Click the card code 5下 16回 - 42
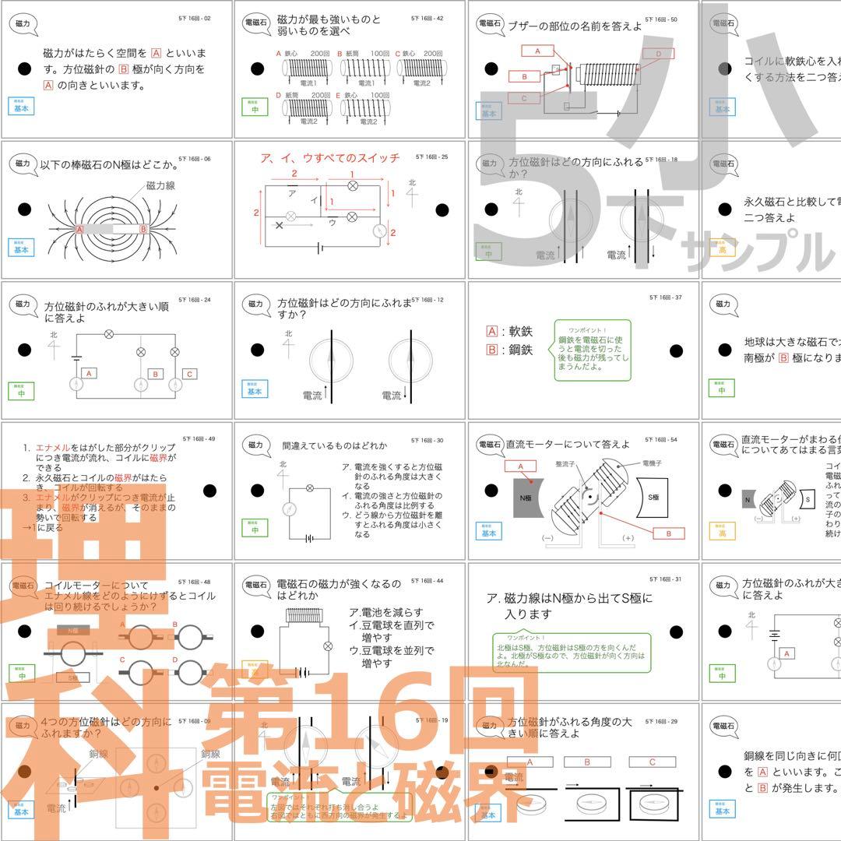tap(428, 17)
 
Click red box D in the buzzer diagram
tap(658, 54)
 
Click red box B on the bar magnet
tap(143, 230)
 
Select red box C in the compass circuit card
tap(188, 374)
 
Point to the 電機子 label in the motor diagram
tap(653, 463)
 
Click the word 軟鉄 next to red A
tap(519, 331)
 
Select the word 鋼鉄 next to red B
tap(519, 350)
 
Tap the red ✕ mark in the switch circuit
tap(279, 225)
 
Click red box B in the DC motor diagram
tap(668, 533)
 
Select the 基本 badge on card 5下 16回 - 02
tap(21, 107)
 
